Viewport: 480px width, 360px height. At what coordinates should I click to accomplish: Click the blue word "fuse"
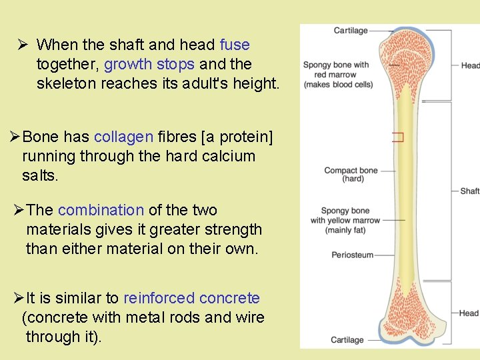[235, 45]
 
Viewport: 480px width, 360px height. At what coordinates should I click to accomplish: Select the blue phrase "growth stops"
[149, 65]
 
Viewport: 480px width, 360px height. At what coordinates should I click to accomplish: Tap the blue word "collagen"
[123, 137]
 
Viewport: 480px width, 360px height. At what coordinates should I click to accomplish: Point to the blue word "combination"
[101, 210]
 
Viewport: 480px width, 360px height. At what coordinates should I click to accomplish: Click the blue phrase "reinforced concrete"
[191, 298]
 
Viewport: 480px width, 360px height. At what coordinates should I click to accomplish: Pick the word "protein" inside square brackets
[242, 137]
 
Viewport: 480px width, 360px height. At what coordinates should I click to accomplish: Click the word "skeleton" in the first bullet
[66, 84]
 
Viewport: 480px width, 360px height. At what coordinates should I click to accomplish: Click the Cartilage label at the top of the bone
[351, 31]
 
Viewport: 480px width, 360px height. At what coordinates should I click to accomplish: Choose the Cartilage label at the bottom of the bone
[347, 340]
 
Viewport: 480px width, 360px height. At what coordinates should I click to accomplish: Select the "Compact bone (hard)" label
[351, 175]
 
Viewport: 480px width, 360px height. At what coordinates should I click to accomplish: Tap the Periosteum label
[353, 255]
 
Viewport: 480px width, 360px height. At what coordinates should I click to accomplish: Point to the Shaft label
[469, 191]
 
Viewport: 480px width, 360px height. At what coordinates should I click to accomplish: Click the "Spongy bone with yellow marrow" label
[345, 221]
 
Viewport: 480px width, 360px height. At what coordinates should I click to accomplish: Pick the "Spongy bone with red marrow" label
[336, 75]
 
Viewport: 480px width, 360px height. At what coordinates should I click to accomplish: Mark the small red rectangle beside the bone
[398, 138]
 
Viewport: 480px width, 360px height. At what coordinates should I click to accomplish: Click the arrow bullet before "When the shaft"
[22, 45]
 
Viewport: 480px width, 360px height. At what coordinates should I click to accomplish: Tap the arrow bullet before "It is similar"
[18, 298]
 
